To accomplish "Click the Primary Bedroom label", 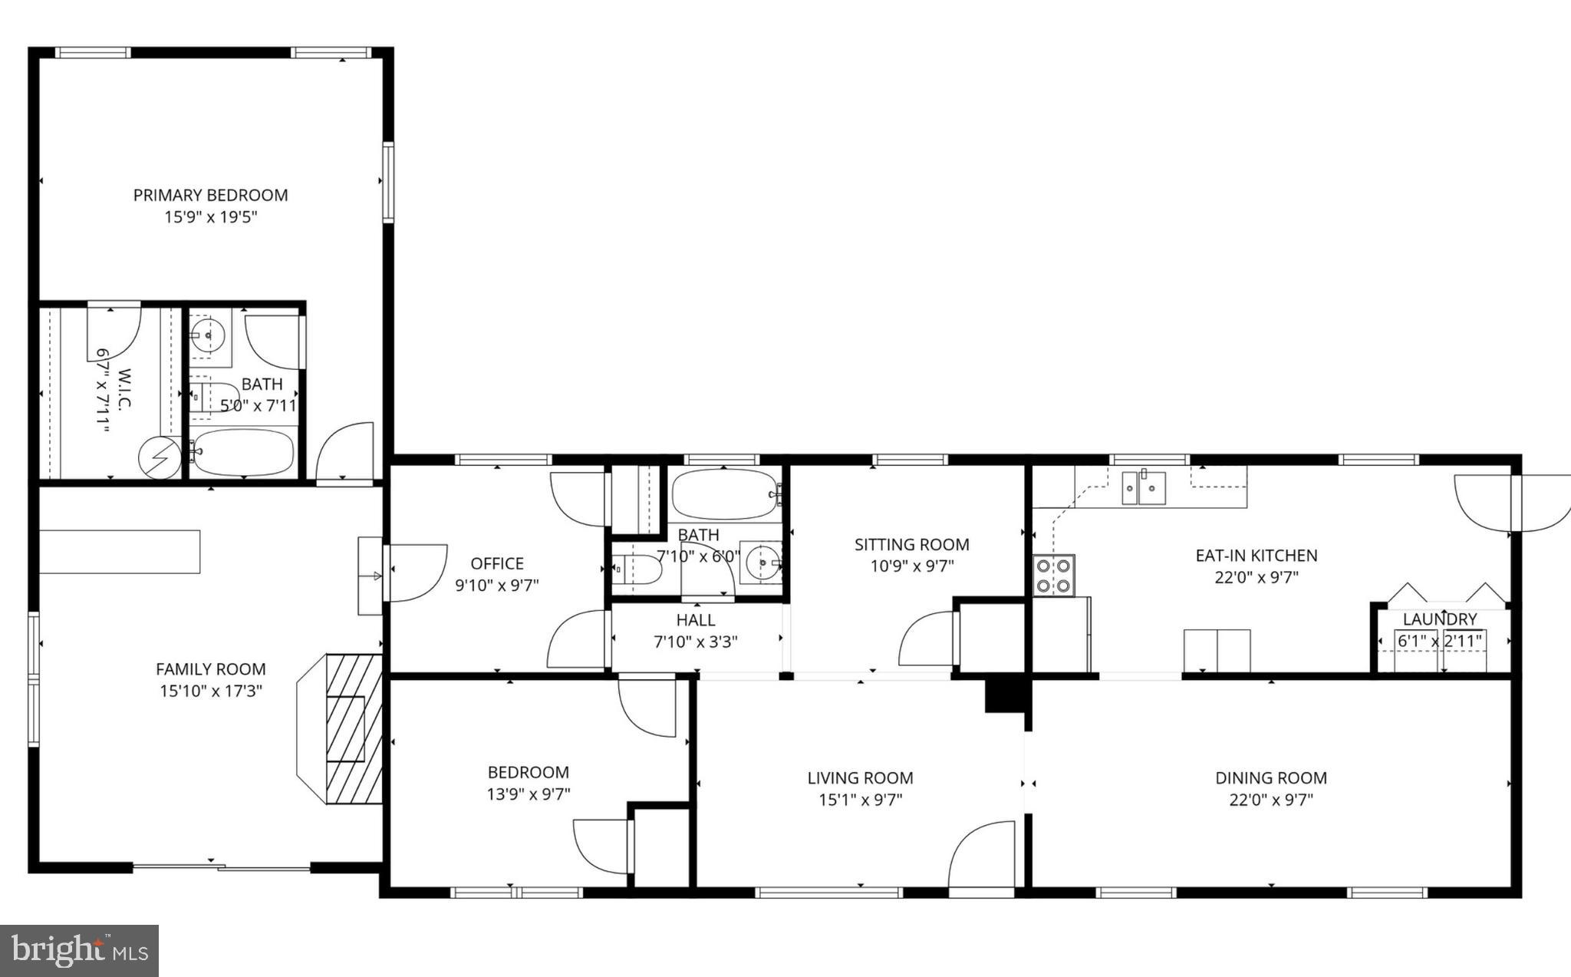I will tap(210, 195).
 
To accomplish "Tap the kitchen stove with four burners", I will tap(1053, 575).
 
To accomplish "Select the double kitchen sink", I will tap(1143, 488).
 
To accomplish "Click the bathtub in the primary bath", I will tap(243, 452).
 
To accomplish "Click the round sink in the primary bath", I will tap(207, 334).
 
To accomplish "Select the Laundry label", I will tap(1439, 619).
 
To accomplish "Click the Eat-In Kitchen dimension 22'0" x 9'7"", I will tap(1256, 577).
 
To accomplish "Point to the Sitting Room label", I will tap(911, 544).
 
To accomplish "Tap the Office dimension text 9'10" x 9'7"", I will tap(497, 585).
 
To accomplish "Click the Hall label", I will tap(695, 619).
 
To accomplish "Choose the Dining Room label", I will tap(1270, 777).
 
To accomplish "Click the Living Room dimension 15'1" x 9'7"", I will tap(860, 800).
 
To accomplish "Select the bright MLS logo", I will tap(80, 951).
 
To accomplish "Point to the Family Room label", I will tap(210, 669).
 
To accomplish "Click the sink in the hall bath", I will tap(762, 563).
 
